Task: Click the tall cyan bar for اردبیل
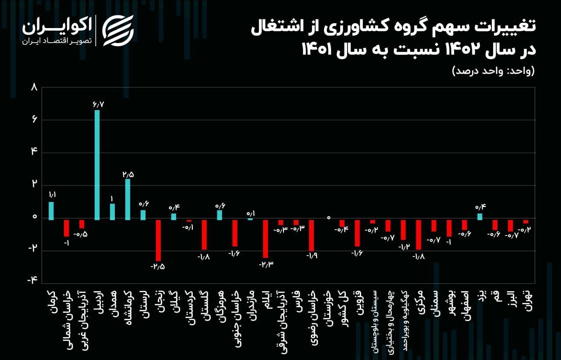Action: pyautogui.click(x=97, y=164)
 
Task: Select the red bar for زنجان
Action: pyautogui.click(x=158, y=240)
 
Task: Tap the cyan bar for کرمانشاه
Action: pyautogui.click(x=128, y=199)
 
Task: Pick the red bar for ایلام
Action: pyautogui.click(x=266, y=238)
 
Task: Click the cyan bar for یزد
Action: pyautogui.click(x=480, y=217)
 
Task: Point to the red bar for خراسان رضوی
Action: pyautogui.click(x=311, y=235)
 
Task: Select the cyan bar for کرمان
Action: pyautogui.click(x=51, y=210)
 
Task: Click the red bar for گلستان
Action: pyautogui.click(x=204, y=234)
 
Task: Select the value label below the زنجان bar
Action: pyautogui.click(x=158, y=266)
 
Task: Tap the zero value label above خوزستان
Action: pyautogui.click(x=328, y=217)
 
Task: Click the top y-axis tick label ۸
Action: pyautogui.click(x=34, y=87)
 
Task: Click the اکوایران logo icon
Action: pyautogui.click(x=117, y=30)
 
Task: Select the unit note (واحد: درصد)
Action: pyautogui.click(x=493, y=71)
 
